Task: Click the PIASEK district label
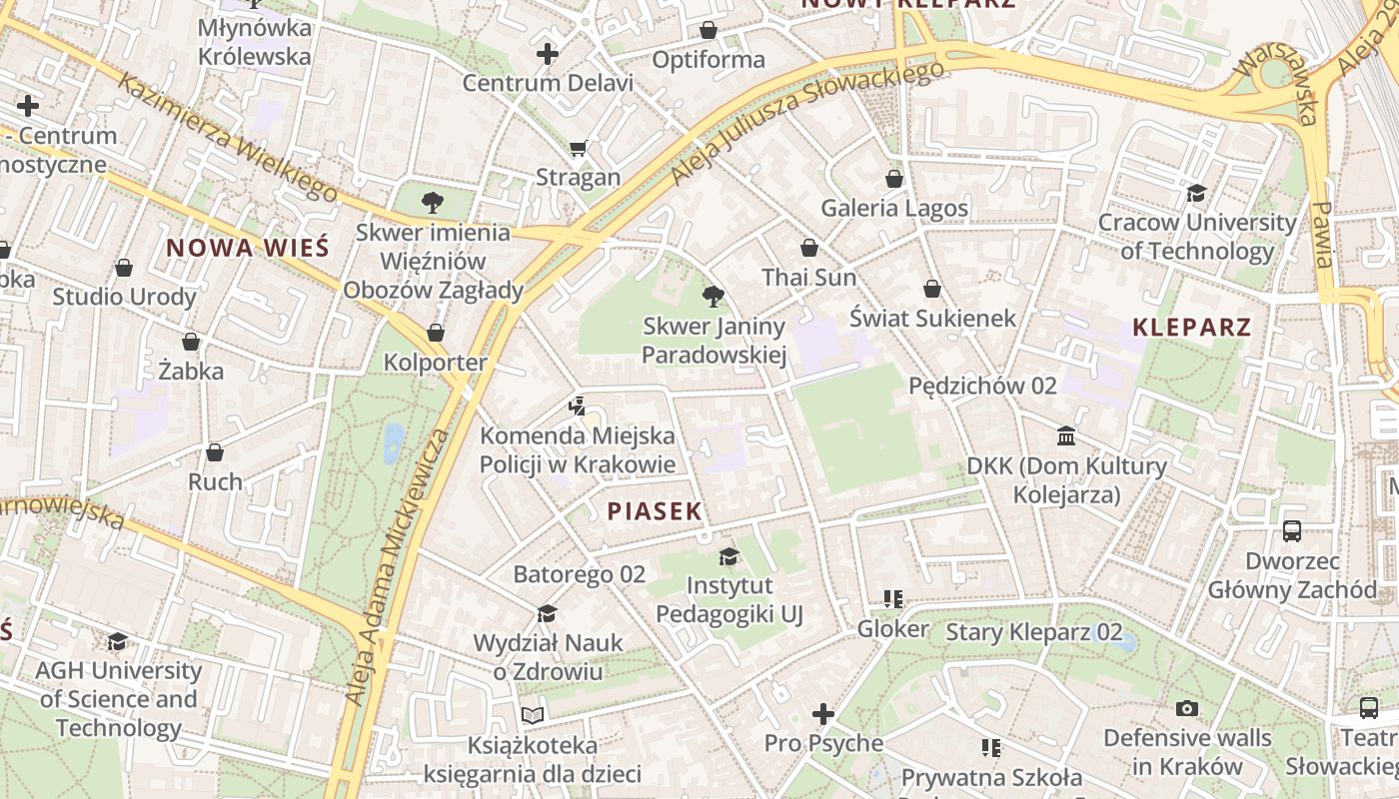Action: click(x=655, y=511)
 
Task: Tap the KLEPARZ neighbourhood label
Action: click(x=1191, y=327)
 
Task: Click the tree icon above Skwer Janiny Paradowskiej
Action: click(x=712, y=296)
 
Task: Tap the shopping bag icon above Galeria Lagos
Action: click(x=894, y=179)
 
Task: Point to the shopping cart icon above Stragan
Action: click(x=578, y=149)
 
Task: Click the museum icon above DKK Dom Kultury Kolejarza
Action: click(x=1066, y=436)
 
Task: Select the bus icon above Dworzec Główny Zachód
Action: click(x=1292, y=530)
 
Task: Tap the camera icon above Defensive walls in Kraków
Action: click(x=1186, y=708)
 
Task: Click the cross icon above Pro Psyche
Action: click(x=823, y=714)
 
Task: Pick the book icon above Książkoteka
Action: click(x=533, y=715)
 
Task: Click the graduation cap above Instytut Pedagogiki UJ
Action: click(x=729, y=556)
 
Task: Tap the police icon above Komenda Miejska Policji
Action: click(x=577, y=405)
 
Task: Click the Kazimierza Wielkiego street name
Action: click(x=229, y=137)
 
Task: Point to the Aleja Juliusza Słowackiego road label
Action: click(x=807, y=121)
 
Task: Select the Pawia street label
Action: click(x=1322, y=234)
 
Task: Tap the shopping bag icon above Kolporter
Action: click(x=436, y=333)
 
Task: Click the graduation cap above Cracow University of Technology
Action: click(x=1196, y=193)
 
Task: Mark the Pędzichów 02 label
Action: click(x=982, y=386)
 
